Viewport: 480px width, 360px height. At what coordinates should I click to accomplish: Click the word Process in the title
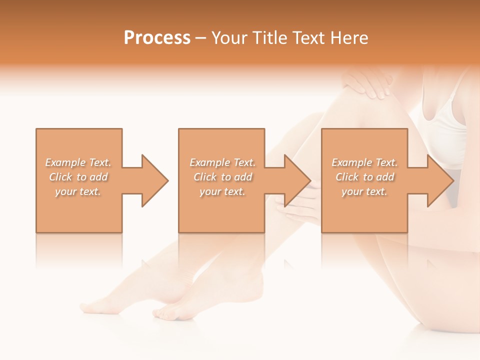click(x=157, y=38)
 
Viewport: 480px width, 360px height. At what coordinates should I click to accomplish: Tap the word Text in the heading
click(x=310, y=38)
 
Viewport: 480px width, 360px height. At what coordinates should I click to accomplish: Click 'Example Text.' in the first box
click(x=78, y=162)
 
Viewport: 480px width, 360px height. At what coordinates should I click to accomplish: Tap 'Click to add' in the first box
click(x=78, y=177)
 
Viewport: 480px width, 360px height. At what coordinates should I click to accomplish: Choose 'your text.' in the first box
click(x=78, y=191)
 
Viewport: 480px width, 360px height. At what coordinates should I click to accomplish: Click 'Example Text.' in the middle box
click(x=222, y=162)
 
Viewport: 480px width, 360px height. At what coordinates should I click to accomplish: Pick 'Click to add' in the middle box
click(x=222, y=177)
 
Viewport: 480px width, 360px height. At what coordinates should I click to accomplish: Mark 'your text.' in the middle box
click(x=222, y=191)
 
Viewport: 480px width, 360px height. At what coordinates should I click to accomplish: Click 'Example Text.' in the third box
click(x=364, y=162)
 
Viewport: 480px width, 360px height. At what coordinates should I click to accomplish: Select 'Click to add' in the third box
click(x=364, y=177)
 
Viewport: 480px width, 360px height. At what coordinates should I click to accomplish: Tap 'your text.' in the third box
click(x=364, y=191)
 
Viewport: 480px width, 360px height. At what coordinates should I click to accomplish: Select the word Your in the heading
click(x=229, y=38)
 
